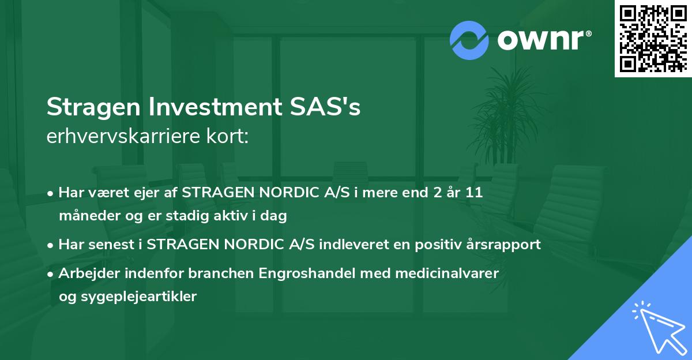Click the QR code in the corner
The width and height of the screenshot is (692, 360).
point(653,38)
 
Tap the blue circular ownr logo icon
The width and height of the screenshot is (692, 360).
point(470,40)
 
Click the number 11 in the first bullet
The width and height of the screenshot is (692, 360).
point(474,193)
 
